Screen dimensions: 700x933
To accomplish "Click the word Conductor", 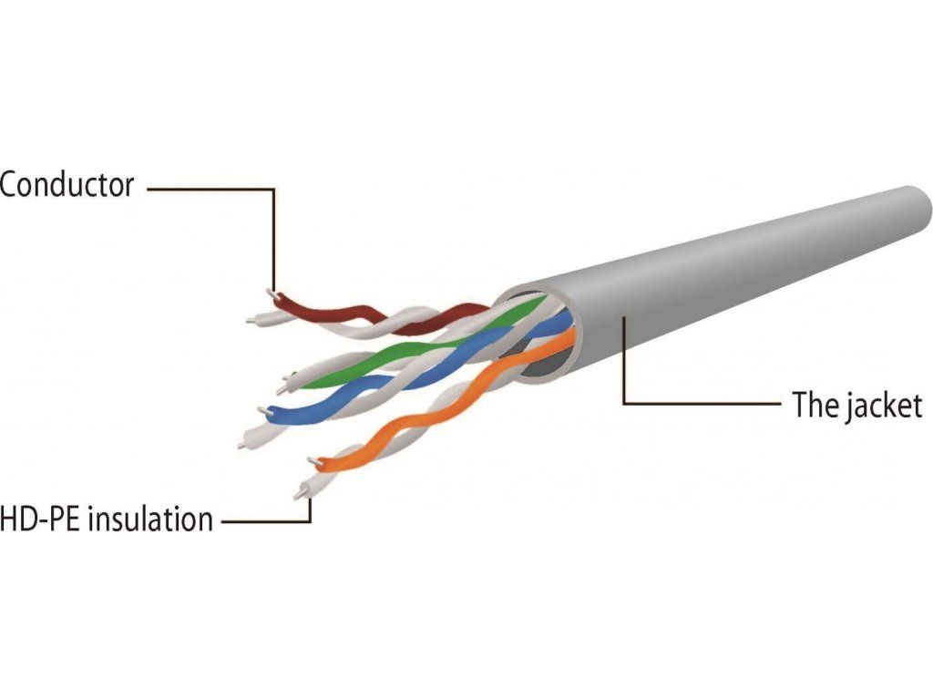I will [67, 186].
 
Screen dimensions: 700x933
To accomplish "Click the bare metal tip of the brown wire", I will [271, 293].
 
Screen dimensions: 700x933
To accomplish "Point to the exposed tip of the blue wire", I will [264, 410].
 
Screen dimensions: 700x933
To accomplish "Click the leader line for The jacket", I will [692, 403].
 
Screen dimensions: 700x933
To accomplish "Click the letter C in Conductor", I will [10, 186].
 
